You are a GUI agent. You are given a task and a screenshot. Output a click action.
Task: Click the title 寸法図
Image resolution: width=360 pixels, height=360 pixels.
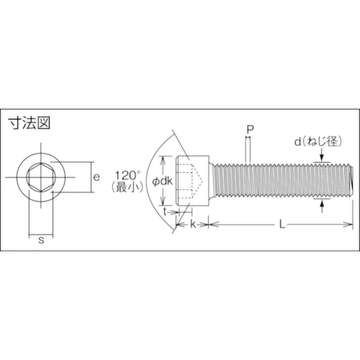point(29,123)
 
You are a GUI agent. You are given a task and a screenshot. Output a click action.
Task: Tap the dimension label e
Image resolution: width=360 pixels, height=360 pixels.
point(96,177)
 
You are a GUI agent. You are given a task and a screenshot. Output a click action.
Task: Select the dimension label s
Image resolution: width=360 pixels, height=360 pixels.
point(41,240)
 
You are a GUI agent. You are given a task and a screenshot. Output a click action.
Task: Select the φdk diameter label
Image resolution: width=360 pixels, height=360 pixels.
point(162,181)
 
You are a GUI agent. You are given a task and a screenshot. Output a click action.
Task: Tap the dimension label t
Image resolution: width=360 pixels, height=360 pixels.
point(165,212)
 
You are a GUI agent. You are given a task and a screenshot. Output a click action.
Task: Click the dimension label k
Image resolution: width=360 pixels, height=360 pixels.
point(193,224)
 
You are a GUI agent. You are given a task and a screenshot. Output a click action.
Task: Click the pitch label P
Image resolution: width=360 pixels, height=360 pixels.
point(250,129)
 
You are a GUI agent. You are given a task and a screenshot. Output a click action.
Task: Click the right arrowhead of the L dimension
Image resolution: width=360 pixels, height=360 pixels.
point(349,224)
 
